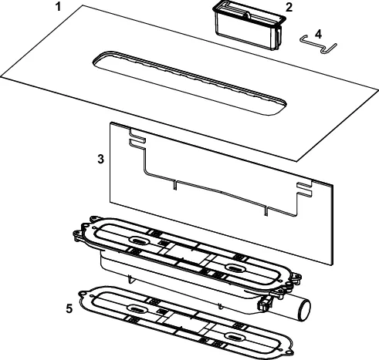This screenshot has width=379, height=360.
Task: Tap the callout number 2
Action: [288, 8]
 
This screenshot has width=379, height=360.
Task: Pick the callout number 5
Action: [70, 308]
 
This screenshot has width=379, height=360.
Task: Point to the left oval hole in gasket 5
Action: [135, 309]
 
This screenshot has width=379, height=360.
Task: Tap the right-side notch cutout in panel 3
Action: [303, 187]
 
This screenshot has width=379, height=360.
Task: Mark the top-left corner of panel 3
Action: [111, 123]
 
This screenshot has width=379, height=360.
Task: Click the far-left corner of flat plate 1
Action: [2, 75]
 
